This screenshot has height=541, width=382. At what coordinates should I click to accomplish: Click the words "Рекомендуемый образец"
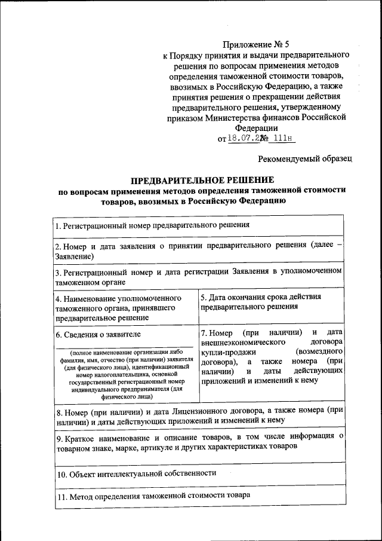(305, 159)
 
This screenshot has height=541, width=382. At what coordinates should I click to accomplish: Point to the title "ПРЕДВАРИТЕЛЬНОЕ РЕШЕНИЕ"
(202, 180)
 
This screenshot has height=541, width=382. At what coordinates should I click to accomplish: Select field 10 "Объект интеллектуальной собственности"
(135, 473)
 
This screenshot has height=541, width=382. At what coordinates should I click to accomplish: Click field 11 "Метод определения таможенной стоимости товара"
(152, 496)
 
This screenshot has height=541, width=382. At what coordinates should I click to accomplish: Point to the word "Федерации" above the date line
(256, 127)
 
